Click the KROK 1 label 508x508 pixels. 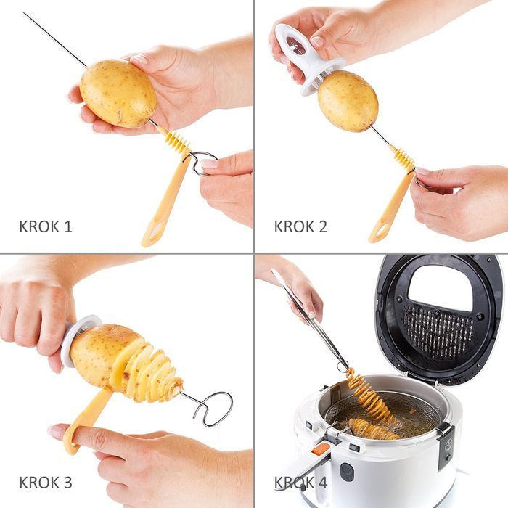coord(46,226)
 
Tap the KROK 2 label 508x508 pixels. coord(300,226)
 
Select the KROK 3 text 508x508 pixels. coord(46,482)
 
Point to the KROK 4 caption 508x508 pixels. coord(300,482)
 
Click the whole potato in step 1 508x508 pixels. coord(118,94)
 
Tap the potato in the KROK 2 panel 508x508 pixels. coord(348,101)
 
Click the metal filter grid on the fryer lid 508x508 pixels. coord(438,331)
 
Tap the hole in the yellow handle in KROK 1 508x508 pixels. coord(155,231)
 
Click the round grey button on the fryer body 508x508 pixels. coord(347,472)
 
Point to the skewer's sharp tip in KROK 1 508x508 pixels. coord(23,12)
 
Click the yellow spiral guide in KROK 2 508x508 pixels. coord(403,158)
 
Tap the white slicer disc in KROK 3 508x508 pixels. coord(79,341)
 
